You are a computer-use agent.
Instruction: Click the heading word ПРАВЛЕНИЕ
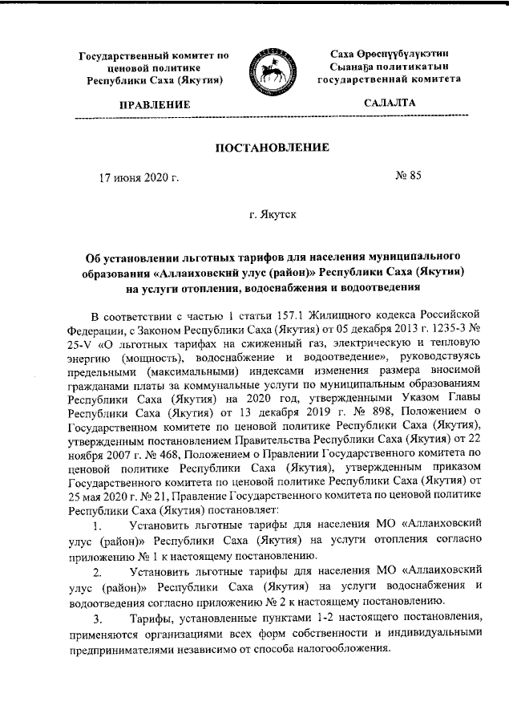155,105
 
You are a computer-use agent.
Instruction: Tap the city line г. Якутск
273,215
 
